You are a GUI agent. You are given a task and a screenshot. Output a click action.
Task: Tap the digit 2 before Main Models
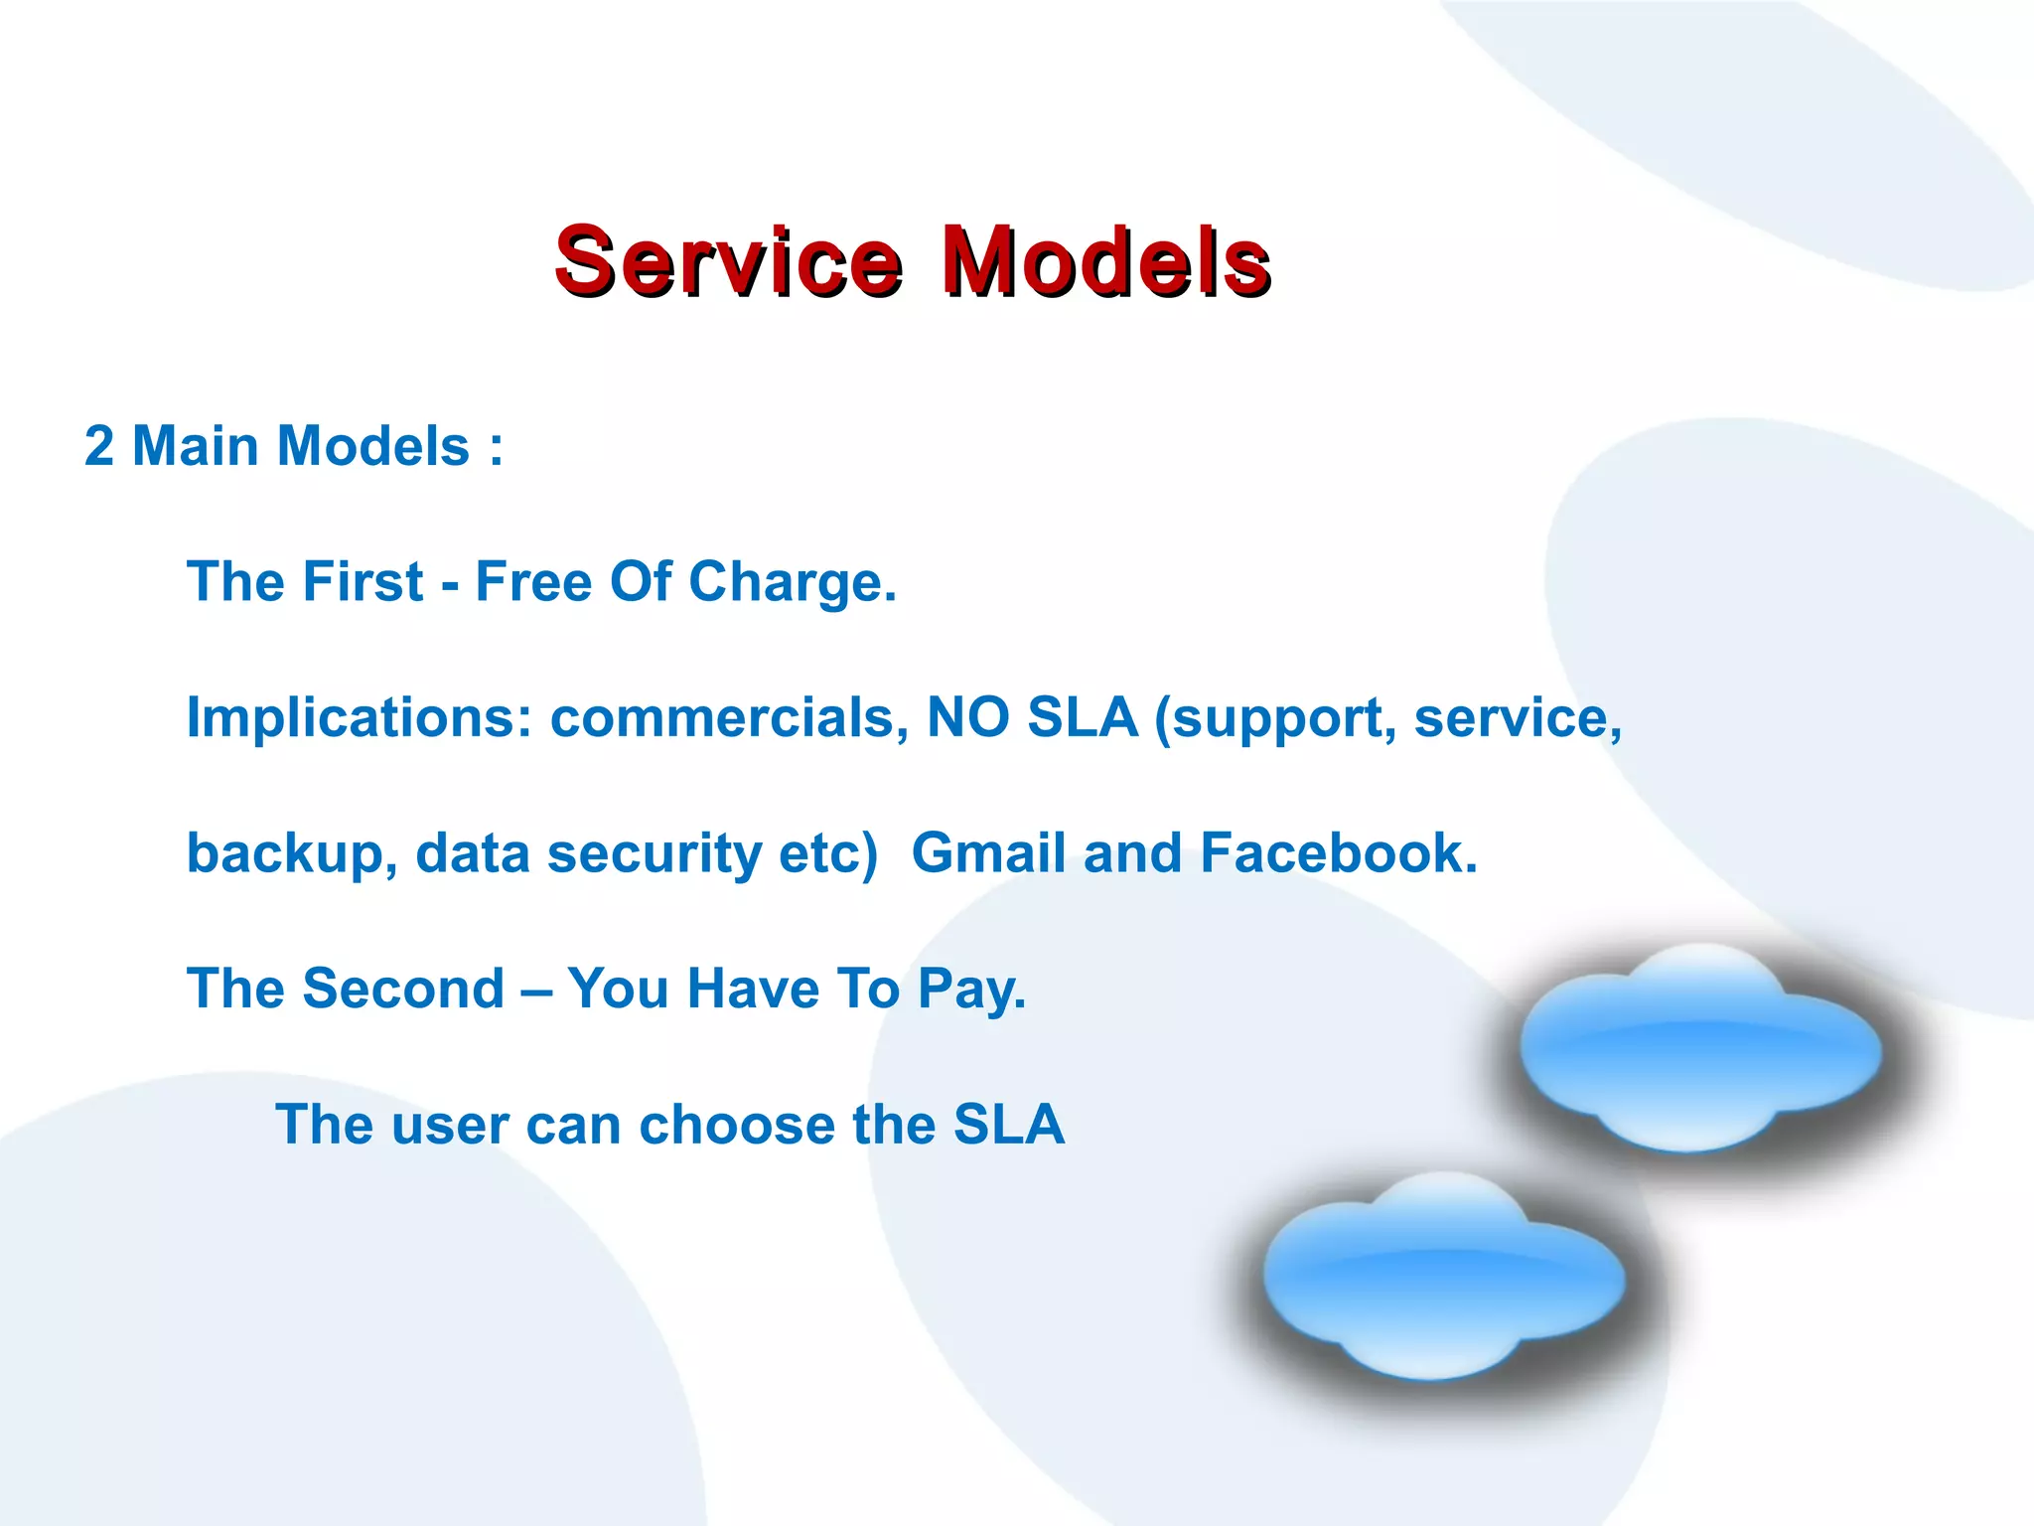(99, 446)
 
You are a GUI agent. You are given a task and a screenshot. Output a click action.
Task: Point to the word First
(363, 582)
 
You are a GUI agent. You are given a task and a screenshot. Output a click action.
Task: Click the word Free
(533, 582)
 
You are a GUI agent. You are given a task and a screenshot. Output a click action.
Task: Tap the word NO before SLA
(967, 717)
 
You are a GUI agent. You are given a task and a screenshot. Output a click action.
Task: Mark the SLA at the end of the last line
(1008, 1125)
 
